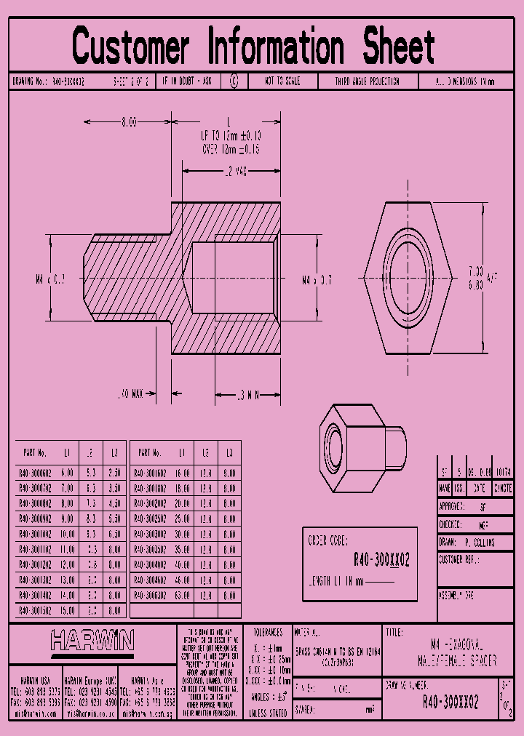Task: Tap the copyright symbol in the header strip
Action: pyautogui.click(x=234, y=81)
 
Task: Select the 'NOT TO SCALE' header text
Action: pyautogui.click(x=282, y=81)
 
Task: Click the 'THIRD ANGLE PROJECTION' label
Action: pyautogui.click(x=367, y=81)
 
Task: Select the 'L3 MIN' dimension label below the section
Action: pyautogui.click(x=248, y=395)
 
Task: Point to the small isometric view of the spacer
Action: pyautogui.click(x=361, y=441)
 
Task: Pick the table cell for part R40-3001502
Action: pyautogui.click(x=35, y=609)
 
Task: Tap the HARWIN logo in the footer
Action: pyautogui.click(x=92, y=640)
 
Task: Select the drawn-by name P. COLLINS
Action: pyautogui.click(x=478, y=543)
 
